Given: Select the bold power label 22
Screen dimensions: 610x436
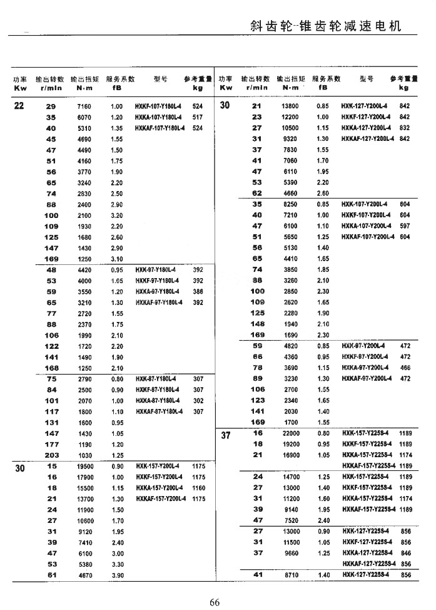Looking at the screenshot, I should coord(19,106).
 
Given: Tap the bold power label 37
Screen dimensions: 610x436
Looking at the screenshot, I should coord(226,436).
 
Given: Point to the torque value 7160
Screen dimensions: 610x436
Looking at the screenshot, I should coord(84,106).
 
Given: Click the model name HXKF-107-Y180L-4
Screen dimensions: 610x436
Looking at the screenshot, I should coord(159,106).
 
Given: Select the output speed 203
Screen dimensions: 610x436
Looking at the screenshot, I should coord(51,455).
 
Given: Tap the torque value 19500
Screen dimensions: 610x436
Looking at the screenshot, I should coord(84,466).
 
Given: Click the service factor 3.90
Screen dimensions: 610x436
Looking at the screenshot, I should coord(117,575).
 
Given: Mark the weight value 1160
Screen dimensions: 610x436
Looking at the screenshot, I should coord(198,487).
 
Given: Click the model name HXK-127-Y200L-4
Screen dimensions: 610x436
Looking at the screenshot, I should coord(366,106).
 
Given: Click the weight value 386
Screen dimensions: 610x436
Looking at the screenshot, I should coord(198,291).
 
